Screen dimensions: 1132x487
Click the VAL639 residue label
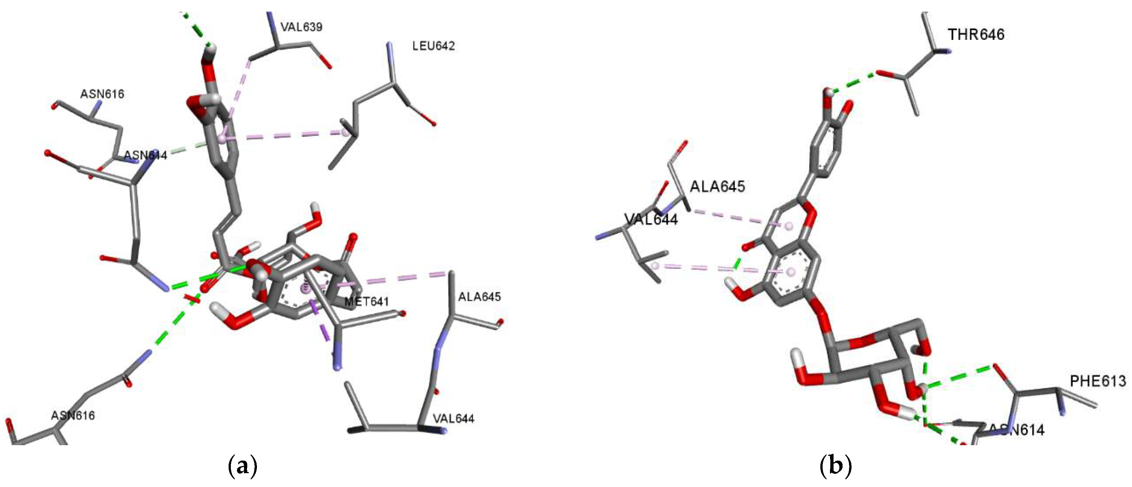tap(301, 27)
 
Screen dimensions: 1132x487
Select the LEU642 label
tap(433, 46)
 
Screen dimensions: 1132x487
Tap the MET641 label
tap(366, 302)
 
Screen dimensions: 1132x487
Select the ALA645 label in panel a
tap(479, 297)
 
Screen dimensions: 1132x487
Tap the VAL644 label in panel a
tap(454, 418)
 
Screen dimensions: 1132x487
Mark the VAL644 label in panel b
tap(651, 219)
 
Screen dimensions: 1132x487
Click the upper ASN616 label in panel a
tap(102, 94)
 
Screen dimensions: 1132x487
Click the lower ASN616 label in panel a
tap(73, 415)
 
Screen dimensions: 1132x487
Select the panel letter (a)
tap(242, 467)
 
